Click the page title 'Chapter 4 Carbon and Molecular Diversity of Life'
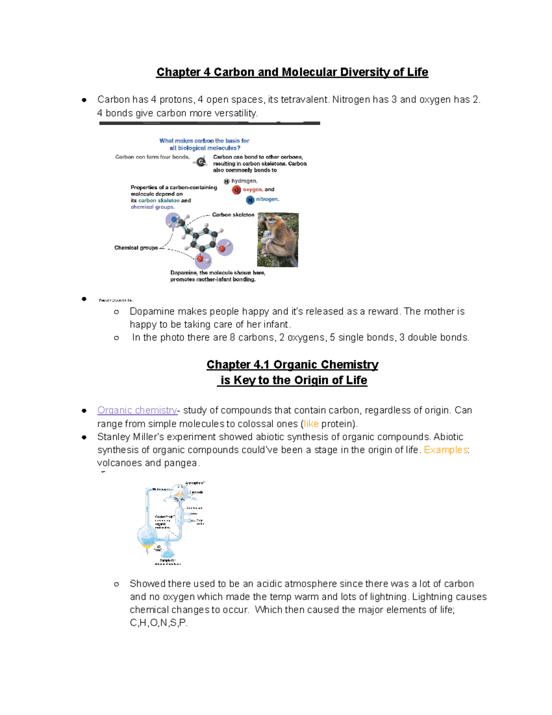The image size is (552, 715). (x=292, y=72)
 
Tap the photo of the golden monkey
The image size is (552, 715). (x=278, y=239)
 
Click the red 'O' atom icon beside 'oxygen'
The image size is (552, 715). (x=236, y=190)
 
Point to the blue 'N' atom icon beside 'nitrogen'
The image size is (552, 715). (x=250, y=200)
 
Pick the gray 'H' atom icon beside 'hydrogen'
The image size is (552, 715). (x=226, y=181)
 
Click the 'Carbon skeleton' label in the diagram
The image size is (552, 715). (x=233, y=215)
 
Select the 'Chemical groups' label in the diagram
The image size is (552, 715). (x=136, y=248)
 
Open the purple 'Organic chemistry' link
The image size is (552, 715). (x=137, y=410)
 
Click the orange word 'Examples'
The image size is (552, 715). (x=445, y=450)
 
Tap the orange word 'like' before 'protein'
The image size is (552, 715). (x=311, y=424)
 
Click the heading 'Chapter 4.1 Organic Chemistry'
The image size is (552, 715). (x=292, y=365)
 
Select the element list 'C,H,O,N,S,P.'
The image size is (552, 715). (x=159, y=623)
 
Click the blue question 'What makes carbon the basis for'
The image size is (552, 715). (x=204, y=141)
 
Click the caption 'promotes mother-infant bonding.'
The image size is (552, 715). (x=213, y=279)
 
